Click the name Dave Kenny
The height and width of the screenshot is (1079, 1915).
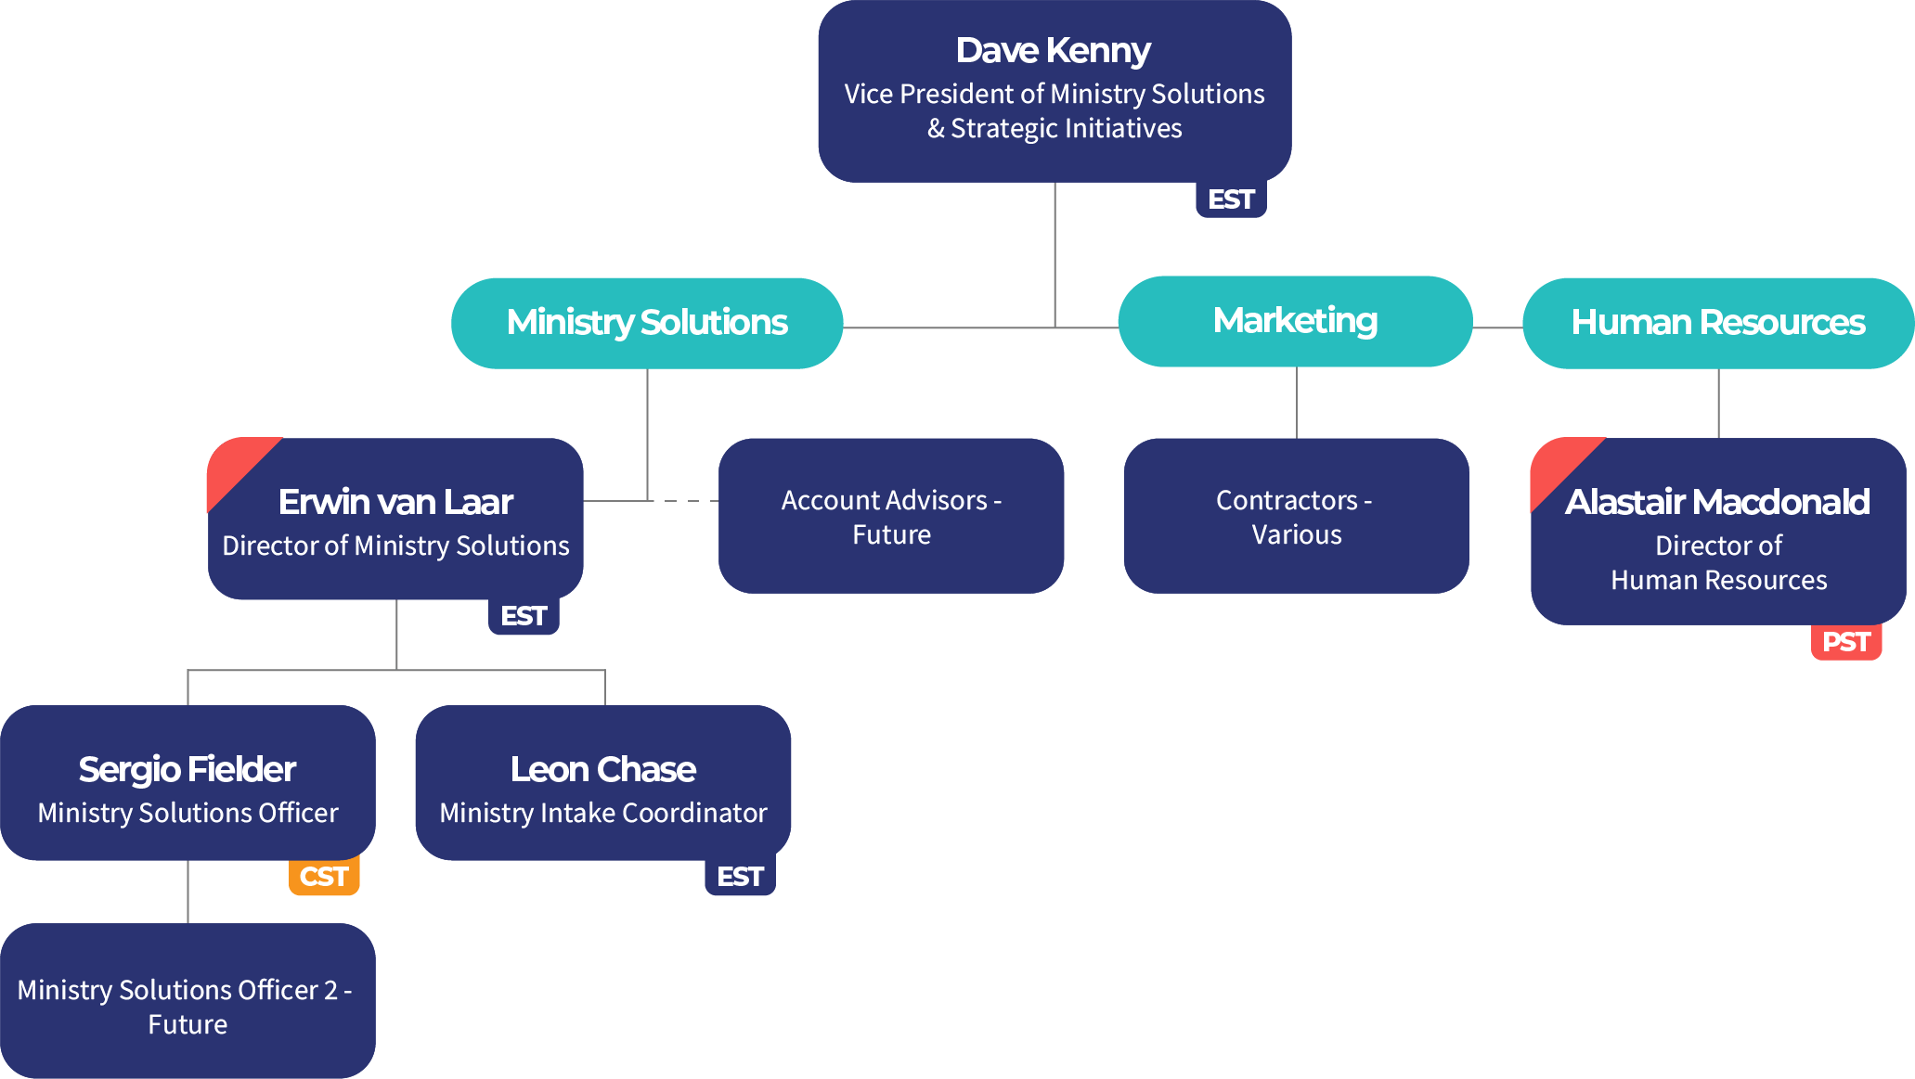click(1053, 51)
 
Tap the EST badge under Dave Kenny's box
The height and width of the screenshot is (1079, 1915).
click(1231, 199)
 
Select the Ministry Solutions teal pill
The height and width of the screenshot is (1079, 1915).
click(647, 323)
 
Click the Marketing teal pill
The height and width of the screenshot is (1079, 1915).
click(1295, 321)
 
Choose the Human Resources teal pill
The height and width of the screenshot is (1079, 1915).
click(1717, 323)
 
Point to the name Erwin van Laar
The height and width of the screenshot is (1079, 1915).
click(395, 502)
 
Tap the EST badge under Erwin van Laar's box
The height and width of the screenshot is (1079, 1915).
click(524, 616)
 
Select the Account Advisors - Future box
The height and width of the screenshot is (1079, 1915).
click(891, 517)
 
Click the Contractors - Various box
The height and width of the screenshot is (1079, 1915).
click(1296, 517)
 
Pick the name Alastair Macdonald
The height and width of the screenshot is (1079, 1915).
click(1717, 502)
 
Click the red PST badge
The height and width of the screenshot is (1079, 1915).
click(1845, 642)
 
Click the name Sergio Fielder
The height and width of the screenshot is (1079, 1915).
click(188, 769)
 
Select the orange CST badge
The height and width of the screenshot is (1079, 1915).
click(324, 877)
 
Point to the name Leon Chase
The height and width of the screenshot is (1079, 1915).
click(602, 769)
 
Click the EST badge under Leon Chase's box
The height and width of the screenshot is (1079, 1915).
click(740, 877)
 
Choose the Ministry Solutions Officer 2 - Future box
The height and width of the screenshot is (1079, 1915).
click(188, 1007)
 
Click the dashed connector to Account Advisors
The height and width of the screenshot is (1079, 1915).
click(685, 501)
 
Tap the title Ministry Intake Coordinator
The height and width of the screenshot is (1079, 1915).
click(602, 813)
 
